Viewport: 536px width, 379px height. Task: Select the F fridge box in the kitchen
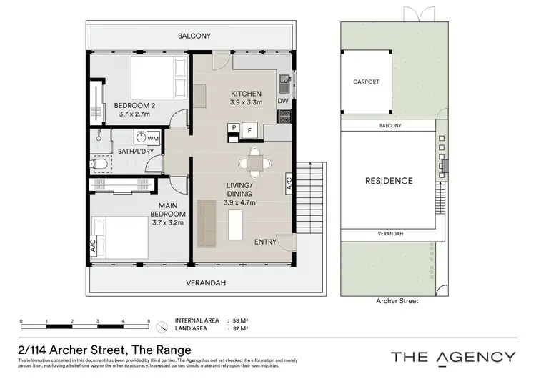[x=249, y=130]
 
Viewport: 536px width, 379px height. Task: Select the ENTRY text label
[x=265, y=242]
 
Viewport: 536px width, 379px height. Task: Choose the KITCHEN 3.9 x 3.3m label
[x=246, y=98]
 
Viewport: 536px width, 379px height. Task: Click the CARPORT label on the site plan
[x=366, y=82]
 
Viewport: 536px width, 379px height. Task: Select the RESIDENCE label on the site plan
[x=389, y=181]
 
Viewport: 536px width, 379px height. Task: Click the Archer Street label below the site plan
[x=397, y=302]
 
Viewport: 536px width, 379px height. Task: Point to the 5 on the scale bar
[x=149, y=322]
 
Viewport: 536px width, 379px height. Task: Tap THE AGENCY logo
[x=452, y=356]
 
